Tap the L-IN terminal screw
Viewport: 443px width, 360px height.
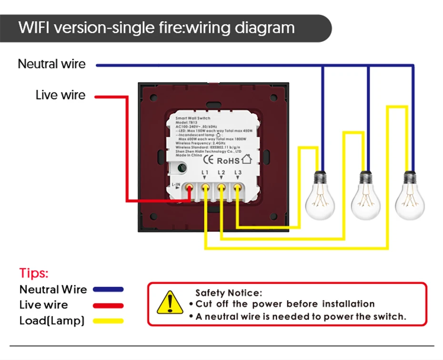[190, 187]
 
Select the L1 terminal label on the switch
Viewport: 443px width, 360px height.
[205, 172]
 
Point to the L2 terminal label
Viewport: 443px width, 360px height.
[221, 172]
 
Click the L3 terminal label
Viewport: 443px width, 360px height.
[237, 172]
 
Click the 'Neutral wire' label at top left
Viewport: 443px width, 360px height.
[51, 64]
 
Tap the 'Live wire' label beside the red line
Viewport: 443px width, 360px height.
[60, 95]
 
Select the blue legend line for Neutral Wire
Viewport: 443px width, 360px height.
[109, 289]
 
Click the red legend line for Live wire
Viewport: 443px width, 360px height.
[109, 305]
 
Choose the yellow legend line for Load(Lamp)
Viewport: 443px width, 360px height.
[109, 321]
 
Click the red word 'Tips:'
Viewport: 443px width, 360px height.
[34, 273]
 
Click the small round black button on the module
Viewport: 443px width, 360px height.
[181, 168]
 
